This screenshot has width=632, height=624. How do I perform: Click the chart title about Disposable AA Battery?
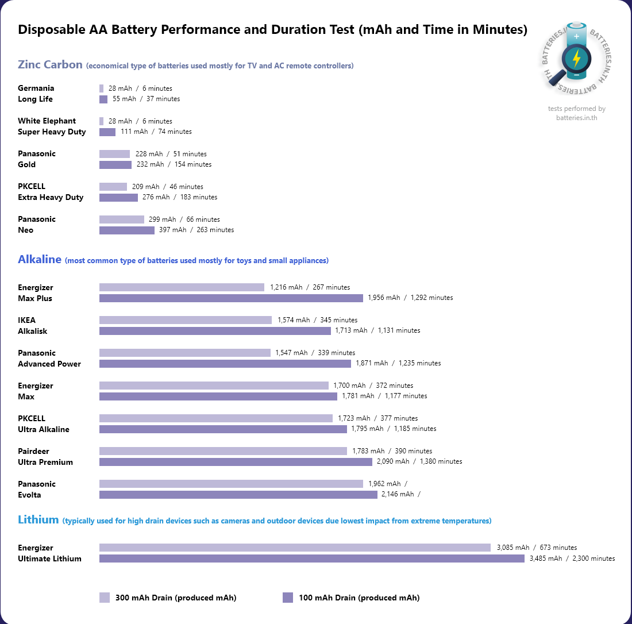pyautogui.click(x=272, y=30)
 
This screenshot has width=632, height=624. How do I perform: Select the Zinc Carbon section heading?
pyautogui.click(x=51, y=64)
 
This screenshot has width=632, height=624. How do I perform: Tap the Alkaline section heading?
pyautogui.click(x=40, y=260)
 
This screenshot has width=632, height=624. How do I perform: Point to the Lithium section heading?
pyautogui.click(x=38, y=520)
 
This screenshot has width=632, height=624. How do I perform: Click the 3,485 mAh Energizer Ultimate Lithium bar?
pyautogui.click(x=312, y=558)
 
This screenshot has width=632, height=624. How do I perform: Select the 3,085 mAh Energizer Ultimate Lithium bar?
pyautogui.click(x=295, y=548)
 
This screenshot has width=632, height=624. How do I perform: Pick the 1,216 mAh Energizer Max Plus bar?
pyautogui.click(x=182, y=287)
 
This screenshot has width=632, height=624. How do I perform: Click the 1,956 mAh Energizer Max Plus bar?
pyautogui.click(x=231, y=298)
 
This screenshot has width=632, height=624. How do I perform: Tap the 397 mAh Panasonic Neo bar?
pyautogui.click(x=127, y=230)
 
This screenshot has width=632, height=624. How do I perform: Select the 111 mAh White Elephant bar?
pyautogui.click(x=107, y=132)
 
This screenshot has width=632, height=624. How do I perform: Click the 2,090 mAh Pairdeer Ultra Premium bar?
pyautogui.click(x=236, y=461)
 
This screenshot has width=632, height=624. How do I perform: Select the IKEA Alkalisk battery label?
pyautogui.click(x=33, y=326)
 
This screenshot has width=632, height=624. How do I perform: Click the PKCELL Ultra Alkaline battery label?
pyautogui.click(x=44, y=424)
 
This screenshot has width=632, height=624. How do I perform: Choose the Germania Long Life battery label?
pyautogui.click(x=36, y=94)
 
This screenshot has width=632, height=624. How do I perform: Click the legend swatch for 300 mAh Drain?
pyautogui.click(x=105, y=598)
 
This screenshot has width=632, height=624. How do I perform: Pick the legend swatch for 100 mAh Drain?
pyautogui.click(x=288, y=598)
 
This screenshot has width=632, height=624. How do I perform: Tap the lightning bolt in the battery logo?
pyautogui.click(x=576, y=58)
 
